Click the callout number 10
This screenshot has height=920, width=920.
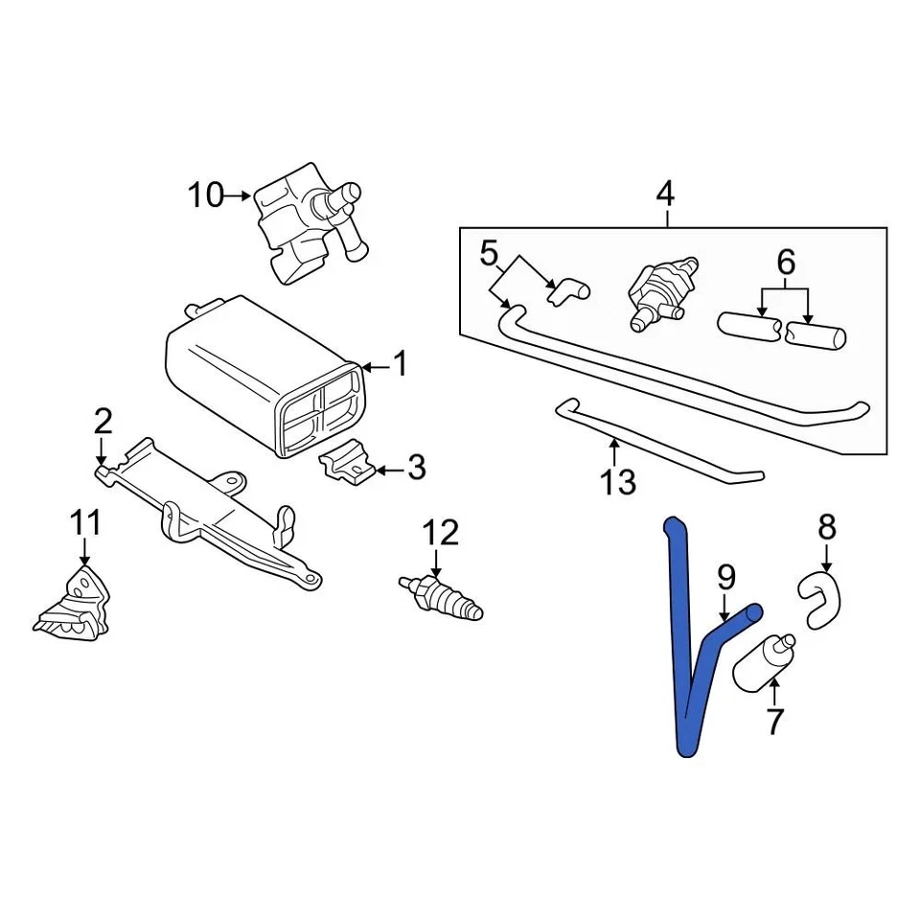pyautogui.click(x=204, y=196)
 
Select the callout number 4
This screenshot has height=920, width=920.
pyautogui.click(x=664, y=195)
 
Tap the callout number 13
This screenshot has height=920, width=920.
pyautogui.click(x=618, y=482)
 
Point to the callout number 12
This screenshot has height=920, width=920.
pyautogui.click(x=441, y=533)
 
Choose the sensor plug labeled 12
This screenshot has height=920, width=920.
pyautogui.click(x=443, y=596)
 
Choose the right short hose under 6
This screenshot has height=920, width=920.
pyautogui.click(x=815, y=335)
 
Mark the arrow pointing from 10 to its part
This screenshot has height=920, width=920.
pyautogui.click(x=238, y=196)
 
